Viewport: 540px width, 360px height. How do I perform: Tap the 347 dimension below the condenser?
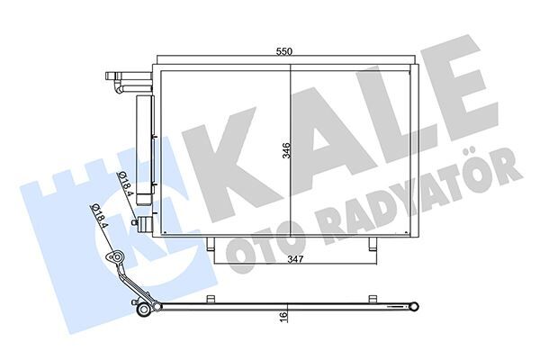click(x=288, y=258)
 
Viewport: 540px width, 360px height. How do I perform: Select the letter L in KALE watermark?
click(x=393, y=121)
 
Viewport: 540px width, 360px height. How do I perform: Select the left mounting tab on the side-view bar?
click(x=210, y=299)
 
